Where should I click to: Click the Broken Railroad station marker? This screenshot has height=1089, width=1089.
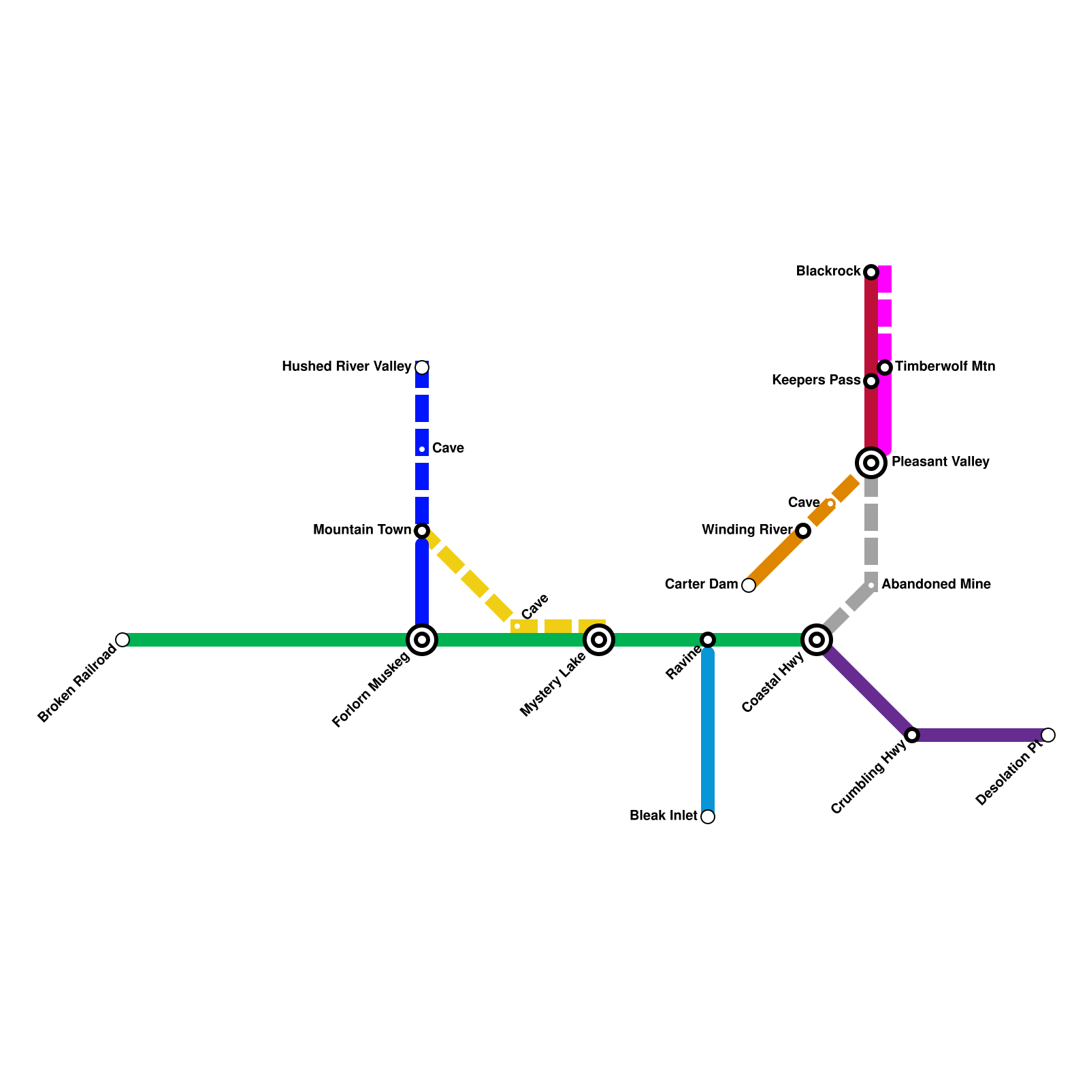click(123, 640)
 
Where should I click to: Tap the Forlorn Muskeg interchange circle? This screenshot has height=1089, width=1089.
click(422, 640)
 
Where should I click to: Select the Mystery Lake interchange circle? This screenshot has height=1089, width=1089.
click(599, 640)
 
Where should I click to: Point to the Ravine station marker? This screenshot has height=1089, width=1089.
click(708, 640)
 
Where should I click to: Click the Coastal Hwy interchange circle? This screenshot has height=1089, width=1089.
click(817, 640)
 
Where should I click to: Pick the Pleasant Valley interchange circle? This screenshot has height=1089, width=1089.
click(871, 463)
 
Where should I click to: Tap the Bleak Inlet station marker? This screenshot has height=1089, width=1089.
click(708, 817)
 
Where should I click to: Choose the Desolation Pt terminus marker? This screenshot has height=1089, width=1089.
click(1048, 735)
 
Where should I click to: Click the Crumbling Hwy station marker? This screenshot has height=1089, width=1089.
click(912, 735)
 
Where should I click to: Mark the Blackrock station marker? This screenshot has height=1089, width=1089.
click(871, 272)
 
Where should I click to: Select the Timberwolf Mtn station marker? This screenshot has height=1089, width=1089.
click(885, 368)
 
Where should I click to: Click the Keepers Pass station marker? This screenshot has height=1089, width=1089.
click(871, 381)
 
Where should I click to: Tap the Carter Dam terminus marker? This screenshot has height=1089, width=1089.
click(749, 585)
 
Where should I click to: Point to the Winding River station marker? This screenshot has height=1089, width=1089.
click(803, 531)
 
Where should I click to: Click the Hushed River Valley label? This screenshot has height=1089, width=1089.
click(346, 367)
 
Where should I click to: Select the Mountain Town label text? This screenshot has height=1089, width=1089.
click(362, 530)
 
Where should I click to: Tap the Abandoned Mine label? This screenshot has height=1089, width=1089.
click(936, 585)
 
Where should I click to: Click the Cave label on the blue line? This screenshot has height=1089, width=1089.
click(448, 449)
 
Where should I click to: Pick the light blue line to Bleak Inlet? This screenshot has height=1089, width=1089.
click(708, 735)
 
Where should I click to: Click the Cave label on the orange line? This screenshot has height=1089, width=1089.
click(804, 503)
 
